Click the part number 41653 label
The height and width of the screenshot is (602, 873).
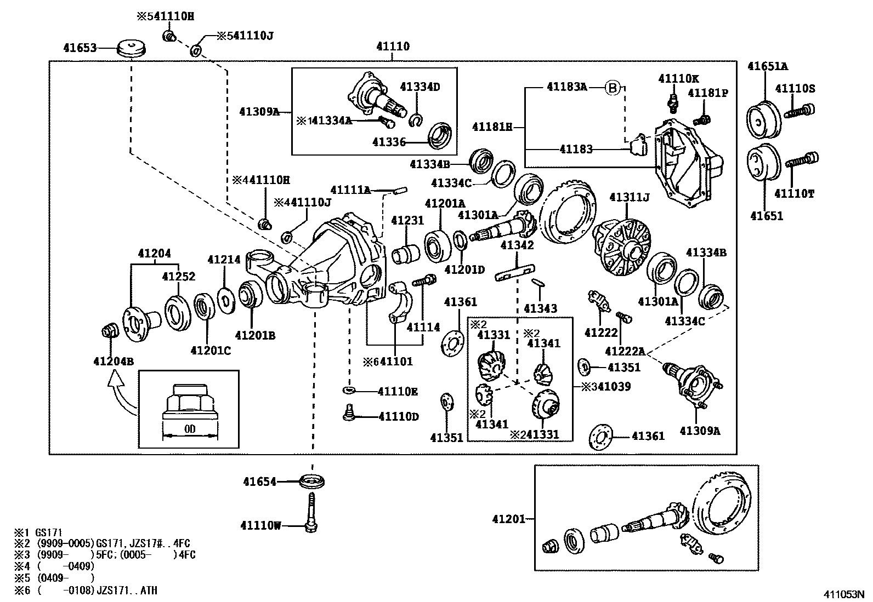[80, 48]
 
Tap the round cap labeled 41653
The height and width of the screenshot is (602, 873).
[132, 48]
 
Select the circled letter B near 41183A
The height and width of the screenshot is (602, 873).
[613, 88]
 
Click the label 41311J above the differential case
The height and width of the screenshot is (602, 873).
[630, 197]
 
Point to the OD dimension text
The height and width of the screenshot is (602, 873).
[189, 429]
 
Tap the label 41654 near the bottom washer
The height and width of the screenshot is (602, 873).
[259, 481]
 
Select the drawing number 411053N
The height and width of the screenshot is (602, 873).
[844, 594]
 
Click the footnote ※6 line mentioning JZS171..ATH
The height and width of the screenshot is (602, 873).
[86, 590]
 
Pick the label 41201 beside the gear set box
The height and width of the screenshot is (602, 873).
[508, 519]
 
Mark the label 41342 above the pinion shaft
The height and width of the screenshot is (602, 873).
[517, 245]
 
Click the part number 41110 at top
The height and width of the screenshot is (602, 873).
[393, 47]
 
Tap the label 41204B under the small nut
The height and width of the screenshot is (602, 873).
[114, 362]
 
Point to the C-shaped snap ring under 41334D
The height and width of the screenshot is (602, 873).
[416, 121]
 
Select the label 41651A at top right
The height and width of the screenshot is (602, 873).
[767, 66]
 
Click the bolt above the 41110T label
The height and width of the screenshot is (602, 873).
[802, 159]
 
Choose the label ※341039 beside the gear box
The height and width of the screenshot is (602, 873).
[606, 387]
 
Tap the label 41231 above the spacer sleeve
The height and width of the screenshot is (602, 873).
[407, 220]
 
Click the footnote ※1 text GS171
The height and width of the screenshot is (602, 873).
[38, 532]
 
